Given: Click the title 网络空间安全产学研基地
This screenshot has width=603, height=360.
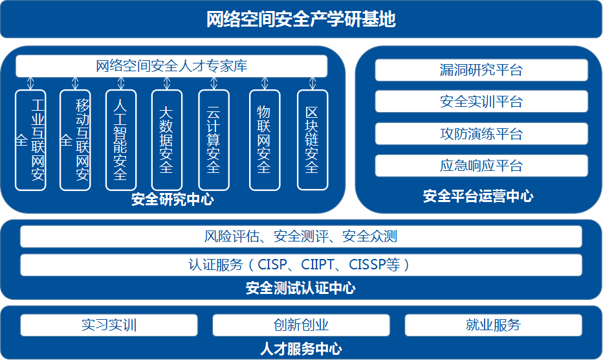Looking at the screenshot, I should [301, 19].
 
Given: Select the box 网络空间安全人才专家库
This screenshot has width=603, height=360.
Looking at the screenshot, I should [171, 66].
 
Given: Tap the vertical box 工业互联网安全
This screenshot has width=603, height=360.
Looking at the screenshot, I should [31, 140].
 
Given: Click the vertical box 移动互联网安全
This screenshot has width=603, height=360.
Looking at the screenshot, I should [75, 140].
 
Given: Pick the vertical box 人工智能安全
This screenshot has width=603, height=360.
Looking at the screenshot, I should [121, 140].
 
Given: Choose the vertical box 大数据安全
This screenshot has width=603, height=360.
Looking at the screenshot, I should [167, 140].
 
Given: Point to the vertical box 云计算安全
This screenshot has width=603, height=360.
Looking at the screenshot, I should [214, 140].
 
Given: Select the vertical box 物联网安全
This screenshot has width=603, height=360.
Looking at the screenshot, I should [265, 140].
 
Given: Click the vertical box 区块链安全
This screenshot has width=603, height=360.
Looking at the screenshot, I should [312, 140].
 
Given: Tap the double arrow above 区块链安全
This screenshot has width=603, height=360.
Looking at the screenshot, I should [312, 84].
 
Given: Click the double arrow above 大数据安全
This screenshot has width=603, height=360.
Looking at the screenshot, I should [167, 84].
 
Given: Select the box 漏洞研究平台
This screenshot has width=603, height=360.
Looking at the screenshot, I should [481, 70].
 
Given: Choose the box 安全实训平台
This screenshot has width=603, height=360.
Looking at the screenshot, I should [481, 102].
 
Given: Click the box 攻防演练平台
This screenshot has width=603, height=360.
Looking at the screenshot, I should [481, 134].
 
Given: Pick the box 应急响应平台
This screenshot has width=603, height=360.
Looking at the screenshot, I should [481, 166].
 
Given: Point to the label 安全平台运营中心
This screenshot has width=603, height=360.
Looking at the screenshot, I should [478, 196].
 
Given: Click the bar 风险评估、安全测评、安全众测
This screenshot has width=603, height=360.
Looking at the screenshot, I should [301, 237].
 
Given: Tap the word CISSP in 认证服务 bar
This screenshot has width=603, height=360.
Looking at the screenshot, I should [367, 265].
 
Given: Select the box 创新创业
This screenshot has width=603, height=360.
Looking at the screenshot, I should [301, 325].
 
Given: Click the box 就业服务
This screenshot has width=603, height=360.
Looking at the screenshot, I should [493, 325].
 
